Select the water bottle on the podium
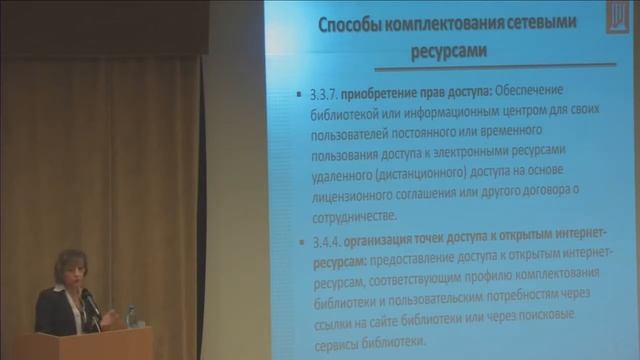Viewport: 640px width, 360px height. point(131,316)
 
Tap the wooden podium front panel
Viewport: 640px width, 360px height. point(90,346)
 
